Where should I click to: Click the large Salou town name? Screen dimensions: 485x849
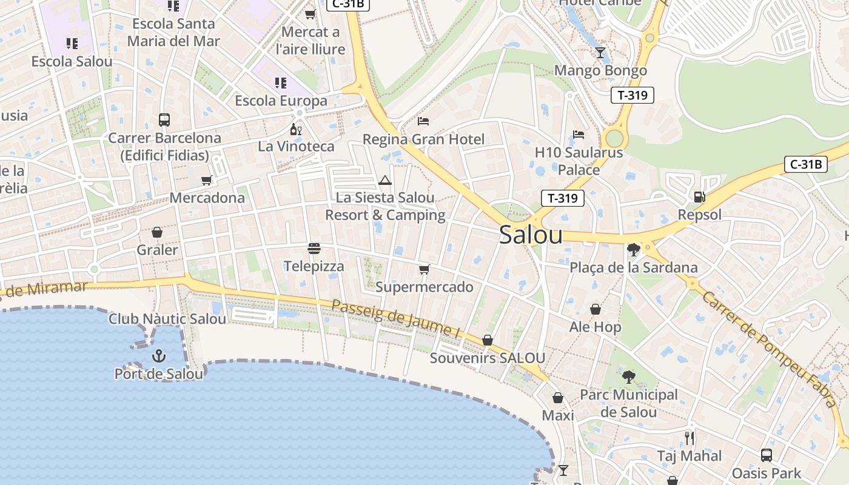pos(531,235)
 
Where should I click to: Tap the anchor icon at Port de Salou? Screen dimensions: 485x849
pos(159,355)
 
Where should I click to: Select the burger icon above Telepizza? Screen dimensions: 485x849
pos(314,249)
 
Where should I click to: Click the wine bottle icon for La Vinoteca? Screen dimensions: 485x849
pos(296,129)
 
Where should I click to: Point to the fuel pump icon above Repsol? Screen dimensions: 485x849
pos(699,197)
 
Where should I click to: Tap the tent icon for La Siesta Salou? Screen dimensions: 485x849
pos(385,180)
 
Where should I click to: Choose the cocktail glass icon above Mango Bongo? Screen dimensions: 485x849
pos(600,53)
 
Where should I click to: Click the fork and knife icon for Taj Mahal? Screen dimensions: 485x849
pos(690,438)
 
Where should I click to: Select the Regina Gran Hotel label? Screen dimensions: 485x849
pos(423,139)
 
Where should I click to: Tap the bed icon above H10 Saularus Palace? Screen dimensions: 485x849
pos(579,135)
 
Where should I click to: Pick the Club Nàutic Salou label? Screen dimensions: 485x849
pos(167,318)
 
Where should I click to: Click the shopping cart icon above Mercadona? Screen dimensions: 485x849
pos(207,180)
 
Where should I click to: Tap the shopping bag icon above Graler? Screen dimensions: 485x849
pos(157,232)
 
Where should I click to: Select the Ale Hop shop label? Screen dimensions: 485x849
pos(595,327)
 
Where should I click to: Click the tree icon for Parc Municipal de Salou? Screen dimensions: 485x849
pos(629,377)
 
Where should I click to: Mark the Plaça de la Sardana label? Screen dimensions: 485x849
pos(633,267)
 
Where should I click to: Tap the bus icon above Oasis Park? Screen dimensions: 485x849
pos(767,455)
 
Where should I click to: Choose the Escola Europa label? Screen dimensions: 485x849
pos(281,101)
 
